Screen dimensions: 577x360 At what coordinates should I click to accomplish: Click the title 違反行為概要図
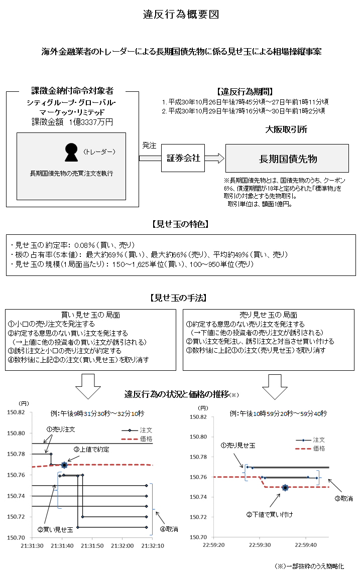click(x=180, y=15)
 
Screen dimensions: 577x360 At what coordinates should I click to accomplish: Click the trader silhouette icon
click(x=71, y=153)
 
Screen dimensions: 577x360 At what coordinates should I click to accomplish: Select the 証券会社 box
click(x=183, y=158)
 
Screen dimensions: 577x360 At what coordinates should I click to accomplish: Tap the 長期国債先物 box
click(x=287, y=159)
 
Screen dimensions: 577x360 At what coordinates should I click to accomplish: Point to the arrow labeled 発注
click(x=149, y=158)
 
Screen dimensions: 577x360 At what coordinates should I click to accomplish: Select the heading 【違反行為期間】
click(x=245, y=91)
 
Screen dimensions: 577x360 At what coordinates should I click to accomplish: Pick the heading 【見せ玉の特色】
click(x=180, y=224)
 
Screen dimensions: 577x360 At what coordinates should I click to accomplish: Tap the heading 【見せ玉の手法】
click(x=180, y=298)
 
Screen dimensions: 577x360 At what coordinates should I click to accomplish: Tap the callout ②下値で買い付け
click(x=269, y=514)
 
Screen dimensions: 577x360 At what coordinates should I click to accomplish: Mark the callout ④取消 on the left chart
click(x=169, y=529)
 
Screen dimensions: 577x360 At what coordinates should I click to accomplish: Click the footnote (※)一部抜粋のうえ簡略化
click(x=310, y=566)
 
